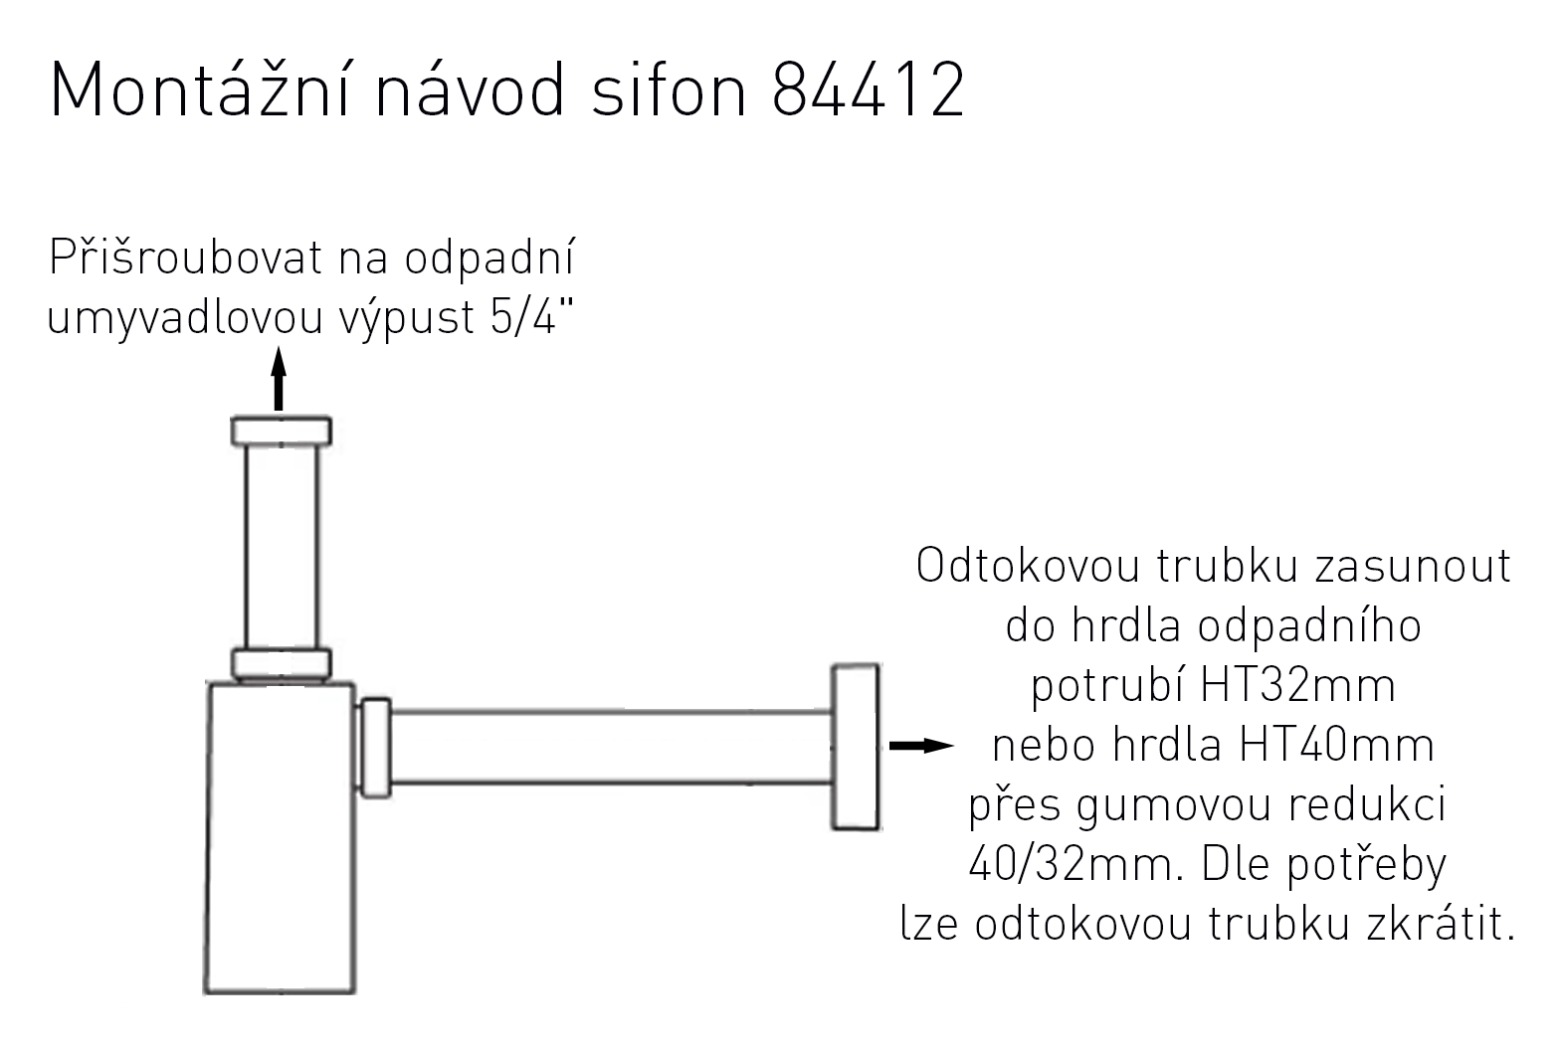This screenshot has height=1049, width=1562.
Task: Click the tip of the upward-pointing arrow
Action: pos(279,346)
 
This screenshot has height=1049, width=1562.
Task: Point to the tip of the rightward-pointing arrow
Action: pos(954,746)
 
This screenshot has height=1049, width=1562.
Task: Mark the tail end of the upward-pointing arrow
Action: pos(279,411)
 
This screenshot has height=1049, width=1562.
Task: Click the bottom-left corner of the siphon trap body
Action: pos(205,992)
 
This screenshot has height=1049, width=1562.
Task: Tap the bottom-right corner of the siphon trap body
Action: pos(355,992)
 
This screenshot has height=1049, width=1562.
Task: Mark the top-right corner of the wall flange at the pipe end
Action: pos(879,665)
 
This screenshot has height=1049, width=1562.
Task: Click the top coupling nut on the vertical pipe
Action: pos(281,432)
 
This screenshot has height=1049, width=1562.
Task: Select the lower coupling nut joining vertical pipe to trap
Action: pos(281,665)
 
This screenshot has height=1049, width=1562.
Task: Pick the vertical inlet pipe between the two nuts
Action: pos(282,547)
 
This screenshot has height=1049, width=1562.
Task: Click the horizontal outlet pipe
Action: pos(611,748)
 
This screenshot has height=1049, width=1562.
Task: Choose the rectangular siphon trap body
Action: pos(280,837)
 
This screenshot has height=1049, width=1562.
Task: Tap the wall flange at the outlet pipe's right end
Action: pos(856,747)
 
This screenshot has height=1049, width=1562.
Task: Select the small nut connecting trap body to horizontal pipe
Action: pos(375,748)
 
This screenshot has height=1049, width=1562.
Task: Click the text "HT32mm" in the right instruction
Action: pos(1297,685)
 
